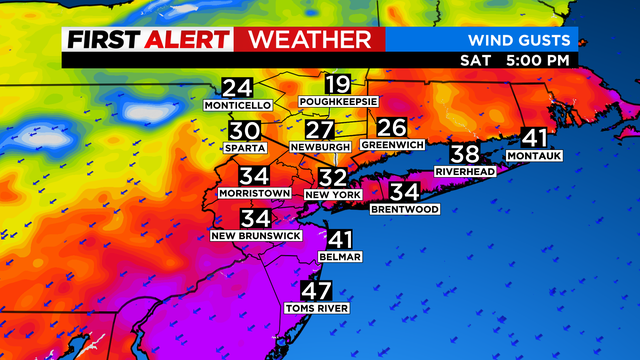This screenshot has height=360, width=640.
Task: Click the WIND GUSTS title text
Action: point(520,41)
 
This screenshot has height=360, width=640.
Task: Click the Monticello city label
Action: point(237,105)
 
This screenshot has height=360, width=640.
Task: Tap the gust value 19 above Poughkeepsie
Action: point(337,86)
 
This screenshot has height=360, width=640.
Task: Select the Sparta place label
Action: point(245,148)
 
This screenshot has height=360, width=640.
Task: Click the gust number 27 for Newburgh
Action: point(319,131)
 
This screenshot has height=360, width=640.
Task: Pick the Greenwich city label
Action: point(392,145)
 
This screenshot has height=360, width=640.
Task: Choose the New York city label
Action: point(332,193)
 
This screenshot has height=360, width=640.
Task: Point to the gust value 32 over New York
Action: point(332,176)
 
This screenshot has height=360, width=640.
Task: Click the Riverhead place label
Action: point(465,171)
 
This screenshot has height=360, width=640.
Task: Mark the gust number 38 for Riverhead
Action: point(465,154)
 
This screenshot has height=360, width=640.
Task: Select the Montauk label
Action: point(535,156)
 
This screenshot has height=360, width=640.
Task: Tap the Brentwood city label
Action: point(404,209)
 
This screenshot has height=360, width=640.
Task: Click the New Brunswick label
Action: point(255,235)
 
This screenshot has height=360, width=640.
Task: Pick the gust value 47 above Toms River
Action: point(317,292)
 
